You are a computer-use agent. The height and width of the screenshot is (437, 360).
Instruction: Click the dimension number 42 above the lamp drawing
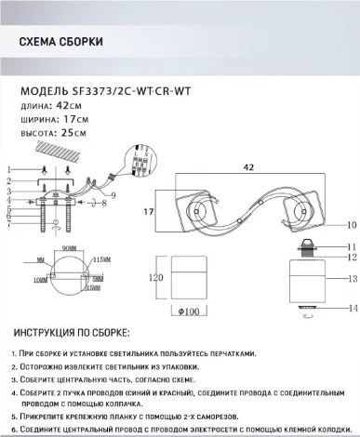(x=248, y=167)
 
